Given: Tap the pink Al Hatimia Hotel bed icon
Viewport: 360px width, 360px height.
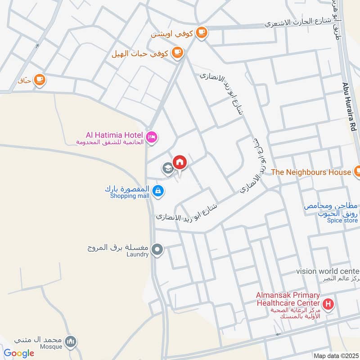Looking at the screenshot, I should [x=152, y=136].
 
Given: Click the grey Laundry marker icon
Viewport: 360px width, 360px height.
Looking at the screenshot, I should [x=157, y=249].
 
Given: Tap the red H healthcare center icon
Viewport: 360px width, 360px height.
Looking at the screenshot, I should [x=328, y=304].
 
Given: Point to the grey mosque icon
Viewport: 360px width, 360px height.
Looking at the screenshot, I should [x=70, y=342].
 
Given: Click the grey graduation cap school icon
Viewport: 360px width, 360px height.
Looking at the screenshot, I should [x=167, y=169].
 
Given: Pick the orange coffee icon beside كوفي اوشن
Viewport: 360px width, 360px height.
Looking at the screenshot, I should [x=201, y=32].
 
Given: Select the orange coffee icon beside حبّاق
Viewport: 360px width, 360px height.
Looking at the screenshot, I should [x=40, y=80].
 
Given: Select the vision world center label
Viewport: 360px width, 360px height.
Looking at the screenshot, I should [x=328, y=271].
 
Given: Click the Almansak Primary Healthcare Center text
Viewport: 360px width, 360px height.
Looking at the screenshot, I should [x=288, y=299].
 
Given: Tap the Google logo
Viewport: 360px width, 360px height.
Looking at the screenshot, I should [x=19, y=353].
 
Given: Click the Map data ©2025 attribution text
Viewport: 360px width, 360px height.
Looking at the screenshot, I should [x=335, y=356].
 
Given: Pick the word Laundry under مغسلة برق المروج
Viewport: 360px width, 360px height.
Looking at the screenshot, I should [x=137, y=254].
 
